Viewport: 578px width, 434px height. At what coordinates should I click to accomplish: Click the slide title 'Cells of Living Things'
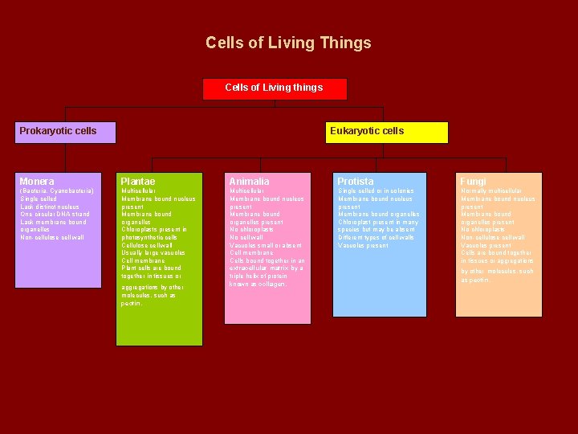point(288,43)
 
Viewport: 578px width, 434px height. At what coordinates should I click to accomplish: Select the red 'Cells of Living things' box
point(275,88)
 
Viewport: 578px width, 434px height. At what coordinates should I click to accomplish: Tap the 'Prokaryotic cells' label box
point(58,131)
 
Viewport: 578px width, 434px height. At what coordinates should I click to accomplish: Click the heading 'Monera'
point(37,182)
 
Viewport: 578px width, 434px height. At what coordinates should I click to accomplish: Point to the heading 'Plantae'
point(137,182)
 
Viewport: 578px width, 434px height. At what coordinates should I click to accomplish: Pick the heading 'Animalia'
point(250,182)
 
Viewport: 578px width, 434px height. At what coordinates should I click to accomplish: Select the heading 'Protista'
point(356,182)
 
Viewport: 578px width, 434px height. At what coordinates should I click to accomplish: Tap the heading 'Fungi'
point(473,182)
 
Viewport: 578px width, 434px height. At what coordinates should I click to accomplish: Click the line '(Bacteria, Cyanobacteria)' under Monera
point(57,191)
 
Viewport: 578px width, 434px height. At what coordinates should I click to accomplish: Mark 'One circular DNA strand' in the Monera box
point(55,215)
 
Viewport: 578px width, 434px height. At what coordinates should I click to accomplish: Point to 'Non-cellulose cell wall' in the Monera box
point(52,238)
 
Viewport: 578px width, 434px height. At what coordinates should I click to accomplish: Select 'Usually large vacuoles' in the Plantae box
point(153,253)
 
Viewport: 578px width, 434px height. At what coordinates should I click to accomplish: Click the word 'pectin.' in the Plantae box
point(132,304)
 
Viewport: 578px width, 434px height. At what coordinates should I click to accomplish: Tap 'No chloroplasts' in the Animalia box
point(251,230)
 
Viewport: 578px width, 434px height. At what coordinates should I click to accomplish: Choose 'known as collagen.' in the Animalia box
point(258,284)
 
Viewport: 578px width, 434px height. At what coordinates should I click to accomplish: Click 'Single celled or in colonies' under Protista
point(376,191)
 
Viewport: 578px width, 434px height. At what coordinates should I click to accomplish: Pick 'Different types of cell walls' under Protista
point(376,238)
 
